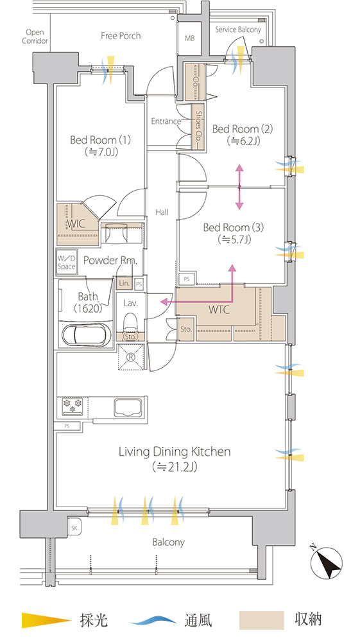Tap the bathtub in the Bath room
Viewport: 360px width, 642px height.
[x=87, y=334]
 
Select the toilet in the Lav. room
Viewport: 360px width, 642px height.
[x=130, y=322]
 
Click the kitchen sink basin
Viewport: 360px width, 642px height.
[x=128, y=408]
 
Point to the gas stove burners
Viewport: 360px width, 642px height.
[x=72, y=406]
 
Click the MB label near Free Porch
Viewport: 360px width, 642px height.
[x=189, y=39]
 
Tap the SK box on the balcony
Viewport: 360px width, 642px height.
[x=74, y=528]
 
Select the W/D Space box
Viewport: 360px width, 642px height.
[x=66, y=263]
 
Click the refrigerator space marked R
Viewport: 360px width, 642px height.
[x=132, y=356]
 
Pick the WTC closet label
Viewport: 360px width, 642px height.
[x=219, y=309]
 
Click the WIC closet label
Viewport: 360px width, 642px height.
[x=76, y=223]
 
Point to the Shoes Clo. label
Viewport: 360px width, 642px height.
[x=199, y=126]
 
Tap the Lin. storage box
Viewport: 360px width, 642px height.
[x=124, y=283]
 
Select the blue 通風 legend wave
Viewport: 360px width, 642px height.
[x=153, y=620]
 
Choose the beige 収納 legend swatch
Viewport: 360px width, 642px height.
[x=261, y=620]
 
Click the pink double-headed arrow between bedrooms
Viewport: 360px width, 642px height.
[x=239, y=187]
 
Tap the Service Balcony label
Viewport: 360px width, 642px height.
[x=238, y=30]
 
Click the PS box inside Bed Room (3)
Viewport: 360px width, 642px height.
[x=187, y=279]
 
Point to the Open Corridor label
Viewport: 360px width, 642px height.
[x=35, y=37]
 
